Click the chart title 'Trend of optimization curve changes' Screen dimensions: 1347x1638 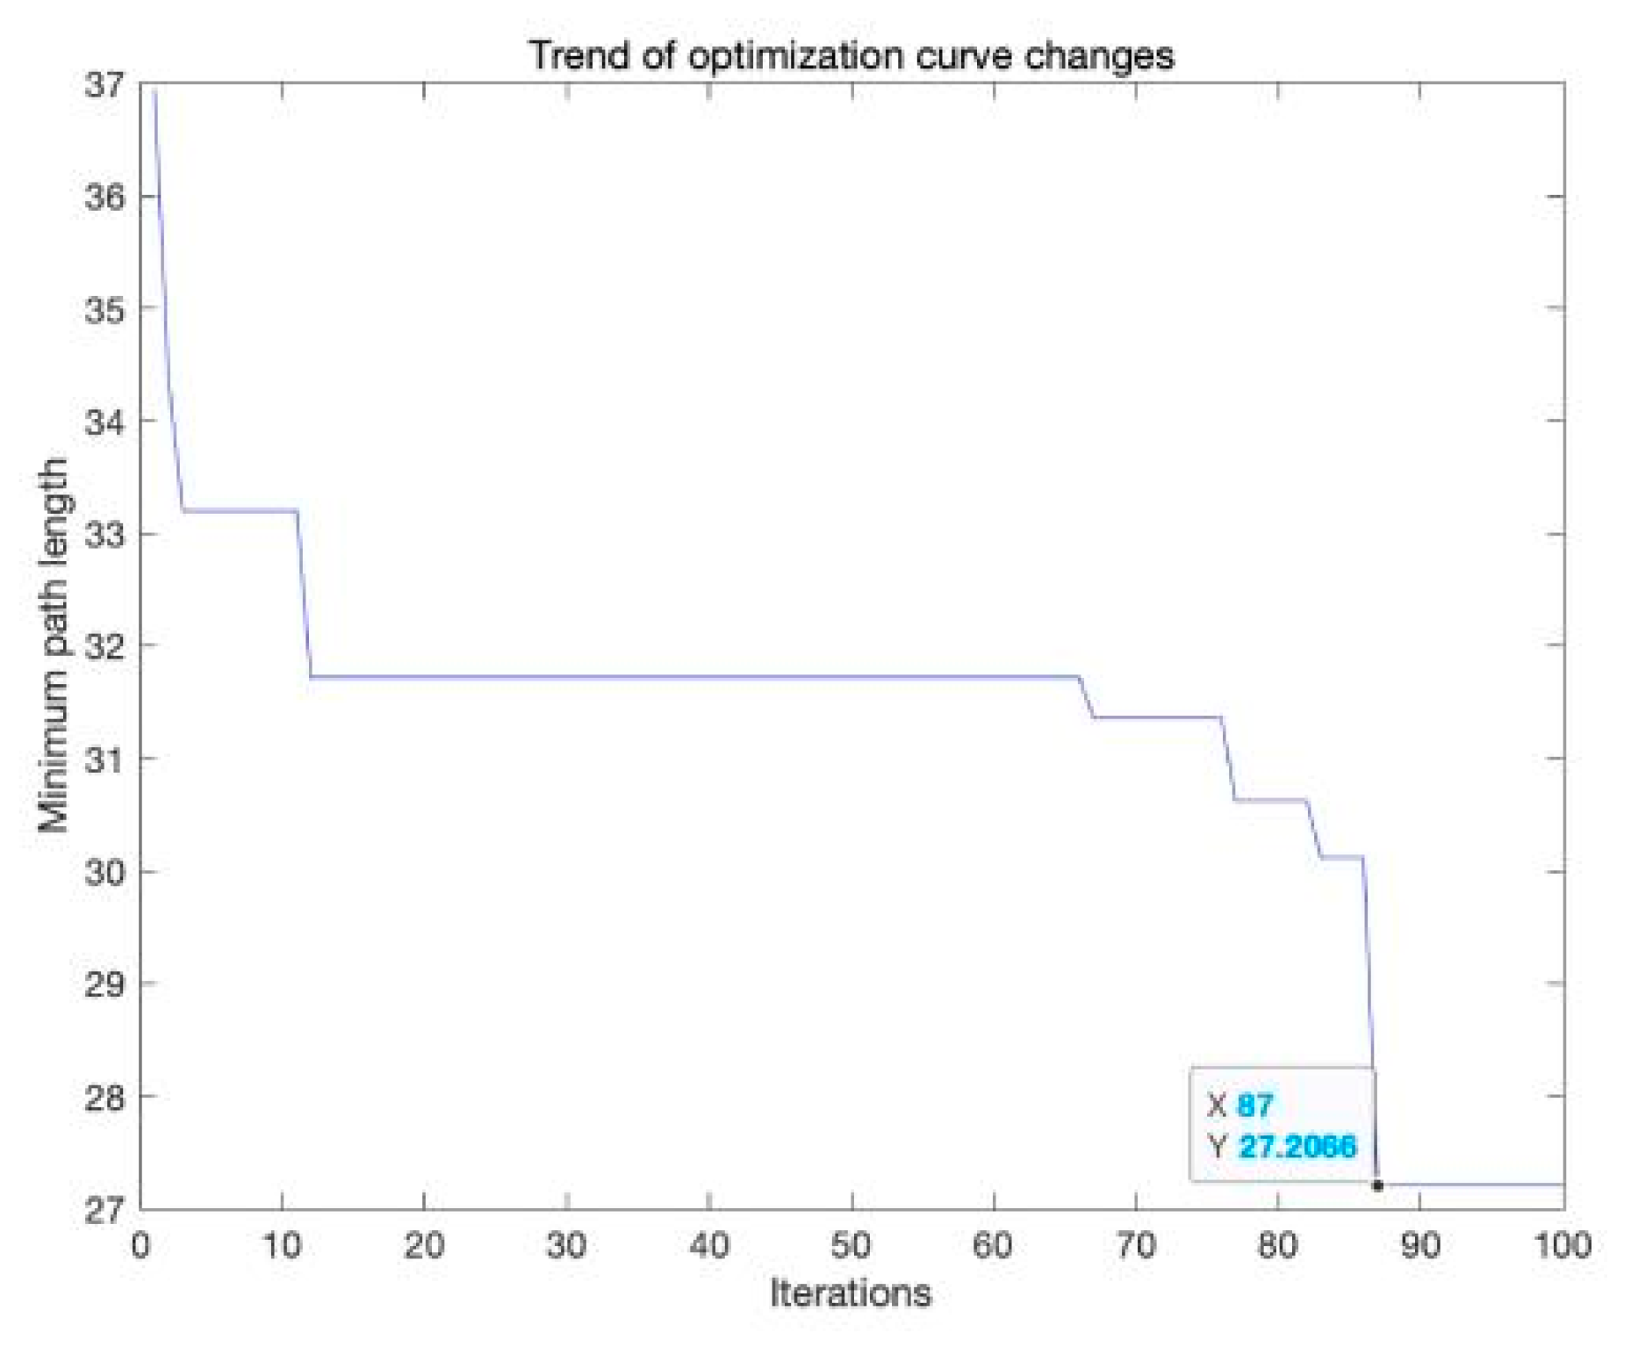tap(851, 55)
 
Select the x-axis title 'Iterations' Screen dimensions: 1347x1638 tap(850, 1293)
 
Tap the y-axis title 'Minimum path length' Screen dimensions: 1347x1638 tap(54, 645)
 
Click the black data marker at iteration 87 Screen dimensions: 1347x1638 tap(1377, 1185)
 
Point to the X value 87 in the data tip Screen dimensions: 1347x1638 tap(1255, 1106)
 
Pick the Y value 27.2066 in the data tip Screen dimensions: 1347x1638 tap(1297, 1146)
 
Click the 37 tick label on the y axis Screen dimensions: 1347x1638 tap(105, 85)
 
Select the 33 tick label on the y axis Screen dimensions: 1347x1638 tap(105, 534)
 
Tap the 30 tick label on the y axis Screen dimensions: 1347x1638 tap(105, 871)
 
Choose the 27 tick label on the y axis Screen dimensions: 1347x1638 tap(105, 1209)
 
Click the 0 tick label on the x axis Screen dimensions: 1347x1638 tap(140, 1245)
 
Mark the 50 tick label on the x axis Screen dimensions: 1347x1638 tap(851, 1245)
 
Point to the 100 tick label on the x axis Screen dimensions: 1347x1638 tap(1563, 1245)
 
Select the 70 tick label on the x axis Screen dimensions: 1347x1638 tap(1136, 1245)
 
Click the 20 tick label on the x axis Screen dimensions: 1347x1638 tap(424, 1245)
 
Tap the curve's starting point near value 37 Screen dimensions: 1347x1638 tap(154, 90)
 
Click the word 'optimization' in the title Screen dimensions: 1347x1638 tap(794, 56)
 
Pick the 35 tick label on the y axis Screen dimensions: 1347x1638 tap(105, 309)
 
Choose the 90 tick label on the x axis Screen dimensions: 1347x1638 tap(1420, 1245)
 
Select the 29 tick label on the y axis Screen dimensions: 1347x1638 tap(105, 983)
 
